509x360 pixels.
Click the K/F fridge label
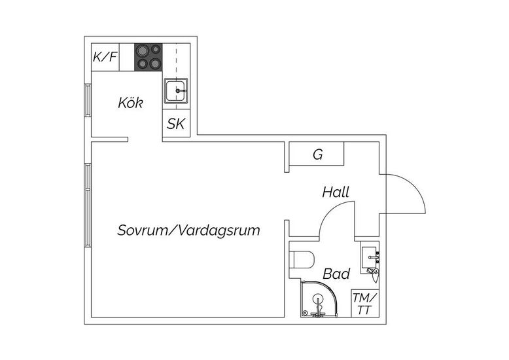[x=105, y=57]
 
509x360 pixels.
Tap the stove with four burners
[x=149, y=57]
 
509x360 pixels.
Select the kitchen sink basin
[x=175, y=90]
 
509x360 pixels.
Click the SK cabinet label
[x=176, y=124]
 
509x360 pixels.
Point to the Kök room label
[x=130, y=103]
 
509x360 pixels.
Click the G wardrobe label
[x=318, y=154]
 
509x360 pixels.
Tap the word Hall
[x=336, y=192]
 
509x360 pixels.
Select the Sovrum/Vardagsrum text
[x=188, y=230]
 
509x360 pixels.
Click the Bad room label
[x=336, y=274]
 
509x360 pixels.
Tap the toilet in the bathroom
[x=303, y=260]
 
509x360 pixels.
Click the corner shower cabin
[x=319, y=299]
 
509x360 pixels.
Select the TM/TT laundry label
[x=365, y=304]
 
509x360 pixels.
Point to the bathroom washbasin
[x=370, y=257]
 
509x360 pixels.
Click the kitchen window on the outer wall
[x=88, y=100]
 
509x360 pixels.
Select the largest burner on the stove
[x=142, y=50]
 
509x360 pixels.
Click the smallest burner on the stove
[x=156, y=49]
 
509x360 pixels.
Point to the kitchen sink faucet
[x=181, y=91]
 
